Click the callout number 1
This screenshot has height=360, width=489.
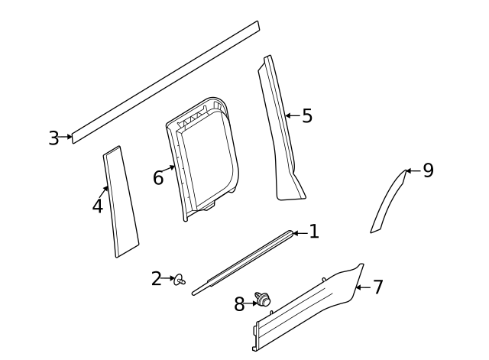coord(313,232)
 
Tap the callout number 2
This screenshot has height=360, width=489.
coord(156,279)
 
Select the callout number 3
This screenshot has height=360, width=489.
coord(53,138)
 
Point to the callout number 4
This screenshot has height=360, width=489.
coord(98,206)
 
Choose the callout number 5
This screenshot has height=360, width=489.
coord(306,116)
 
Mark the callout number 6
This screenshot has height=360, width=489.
coord(158,178)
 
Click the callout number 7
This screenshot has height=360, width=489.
coord(377,287)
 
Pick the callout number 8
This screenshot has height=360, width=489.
coord(239,304)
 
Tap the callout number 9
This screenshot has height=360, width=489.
coord(428,170)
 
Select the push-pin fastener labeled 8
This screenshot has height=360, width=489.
coord(264,301)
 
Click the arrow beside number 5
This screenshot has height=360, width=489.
coord(292,116)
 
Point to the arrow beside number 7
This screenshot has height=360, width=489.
coord(362,287)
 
